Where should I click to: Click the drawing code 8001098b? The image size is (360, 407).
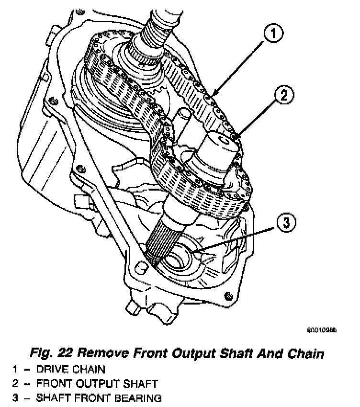click(x=322, y=330)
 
